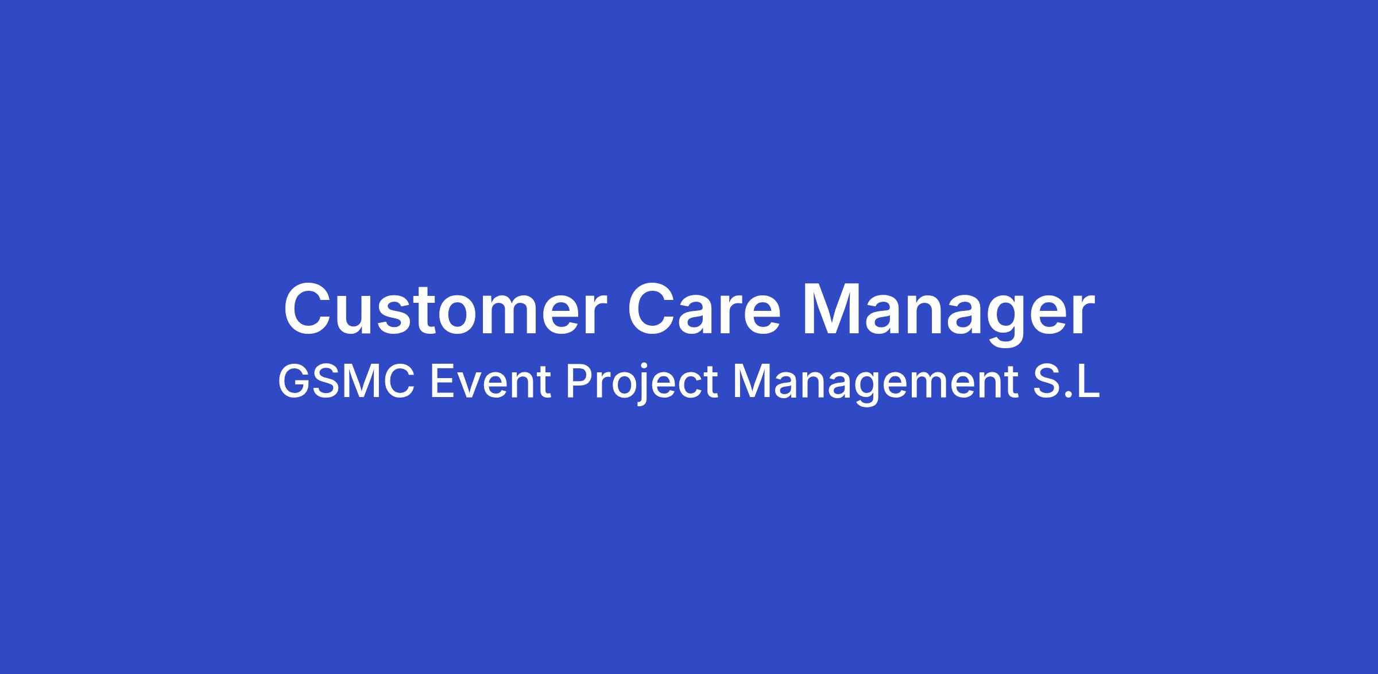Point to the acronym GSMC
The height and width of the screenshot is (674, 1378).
346,382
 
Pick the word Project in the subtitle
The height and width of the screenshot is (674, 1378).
642,385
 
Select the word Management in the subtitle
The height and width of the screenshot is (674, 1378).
875,385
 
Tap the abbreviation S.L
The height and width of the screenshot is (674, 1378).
1066,382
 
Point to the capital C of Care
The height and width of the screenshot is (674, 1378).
652,309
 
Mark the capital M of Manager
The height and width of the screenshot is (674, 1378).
830,309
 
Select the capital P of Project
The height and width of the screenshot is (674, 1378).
578,382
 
